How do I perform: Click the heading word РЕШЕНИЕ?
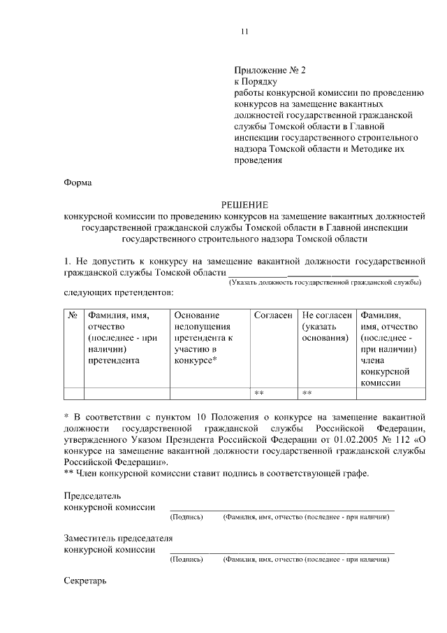pos(244,204)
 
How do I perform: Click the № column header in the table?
pos(73,315)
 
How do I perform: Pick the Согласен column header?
pos(273,315)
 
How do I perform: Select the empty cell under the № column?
pos(73,393)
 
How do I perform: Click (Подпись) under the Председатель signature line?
pos(186,517)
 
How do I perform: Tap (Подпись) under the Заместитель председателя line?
pos(186,560)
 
